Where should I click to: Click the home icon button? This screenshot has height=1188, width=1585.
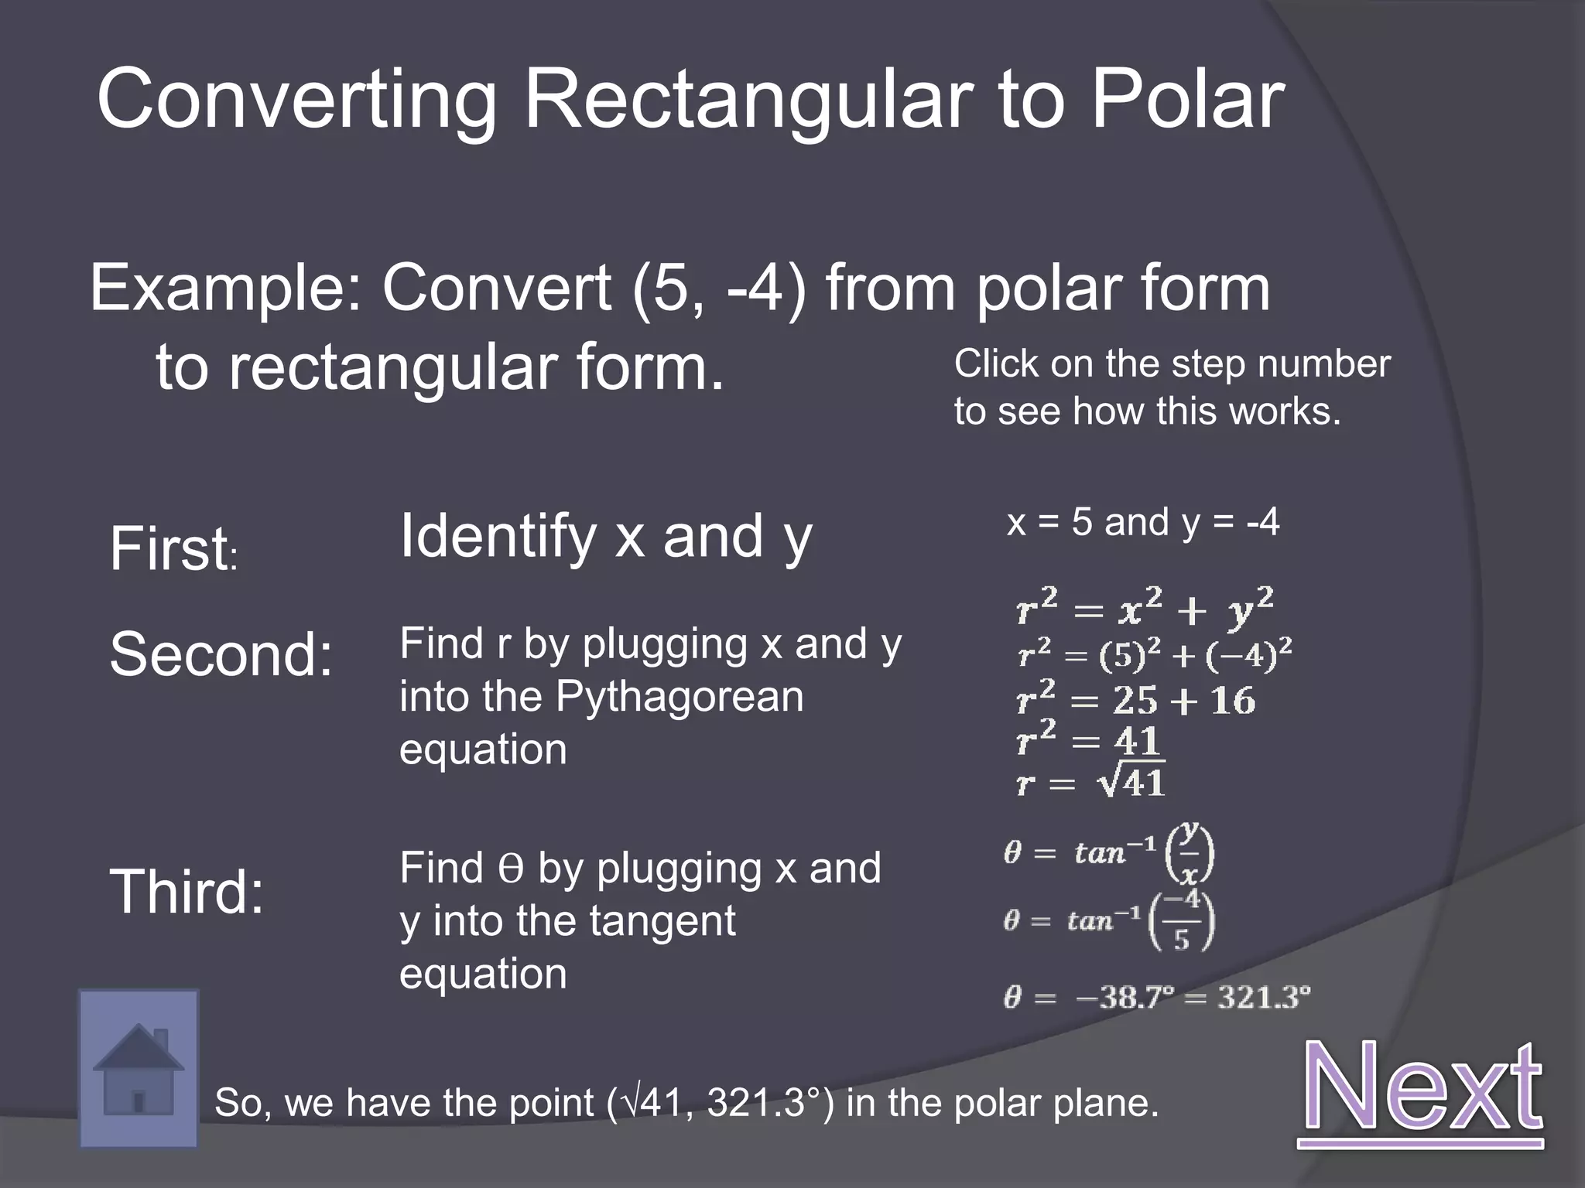139,1068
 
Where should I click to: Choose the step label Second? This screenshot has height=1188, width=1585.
221,654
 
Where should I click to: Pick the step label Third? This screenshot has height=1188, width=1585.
187,891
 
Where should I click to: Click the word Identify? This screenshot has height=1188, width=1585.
498,538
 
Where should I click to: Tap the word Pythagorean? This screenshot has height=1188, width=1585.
680,696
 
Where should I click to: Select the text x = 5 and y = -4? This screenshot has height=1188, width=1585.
1143,522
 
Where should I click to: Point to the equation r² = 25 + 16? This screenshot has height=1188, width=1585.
1135,698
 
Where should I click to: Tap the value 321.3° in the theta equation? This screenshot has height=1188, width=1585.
1264,997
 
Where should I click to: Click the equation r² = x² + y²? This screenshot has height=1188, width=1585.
1145,608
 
